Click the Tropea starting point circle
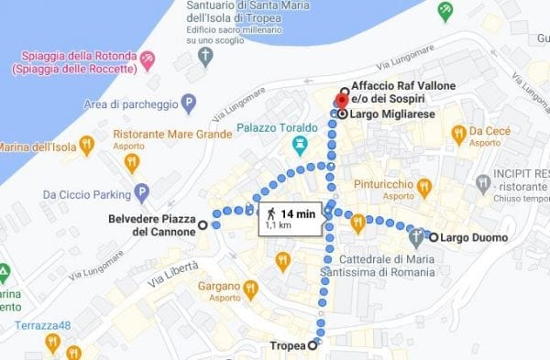313,345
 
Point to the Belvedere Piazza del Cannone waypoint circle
203,224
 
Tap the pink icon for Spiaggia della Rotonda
148,60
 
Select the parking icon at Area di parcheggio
189,103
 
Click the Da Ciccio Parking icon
141,193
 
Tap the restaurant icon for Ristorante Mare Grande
132,164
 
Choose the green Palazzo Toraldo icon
300,146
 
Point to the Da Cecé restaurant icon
459,136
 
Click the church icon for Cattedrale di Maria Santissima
416,238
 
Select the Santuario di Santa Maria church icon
206,58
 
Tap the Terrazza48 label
40,326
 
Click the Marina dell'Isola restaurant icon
86,145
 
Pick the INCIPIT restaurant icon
482,185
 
